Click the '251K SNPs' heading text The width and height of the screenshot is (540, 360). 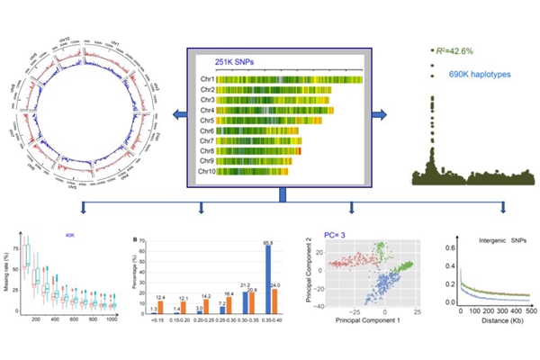click(233, 61)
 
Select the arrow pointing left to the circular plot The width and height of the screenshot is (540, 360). click(180, 114)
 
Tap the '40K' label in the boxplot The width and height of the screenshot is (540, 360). click(67, 238)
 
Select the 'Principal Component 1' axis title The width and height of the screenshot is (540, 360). click(353, 320)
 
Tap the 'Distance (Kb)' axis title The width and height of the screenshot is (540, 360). click(491, 321)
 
